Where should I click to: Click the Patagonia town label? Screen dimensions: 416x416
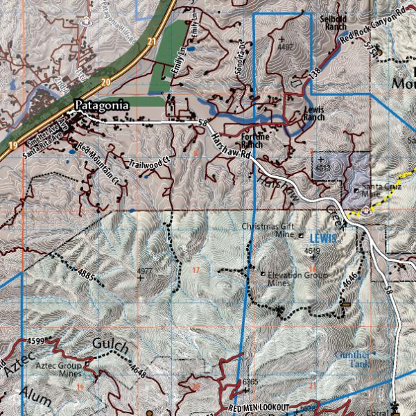[101, 106]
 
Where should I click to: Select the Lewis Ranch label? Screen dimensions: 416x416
[314, 113]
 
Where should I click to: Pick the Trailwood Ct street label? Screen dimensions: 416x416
[149, 164]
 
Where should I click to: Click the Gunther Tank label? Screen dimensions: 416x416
[352, 358]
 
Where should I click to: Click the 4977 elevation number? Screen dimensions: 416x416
[145, 270]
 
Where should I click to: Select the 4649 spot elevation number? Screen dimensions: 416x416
[313, 251]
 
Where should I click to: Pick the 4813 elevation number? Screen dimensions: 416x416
[323, 168]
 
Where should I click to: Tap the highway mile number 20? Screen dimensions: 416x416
[105, 82]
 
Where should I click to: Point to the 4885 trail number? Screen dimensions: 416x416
[86, 275]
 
